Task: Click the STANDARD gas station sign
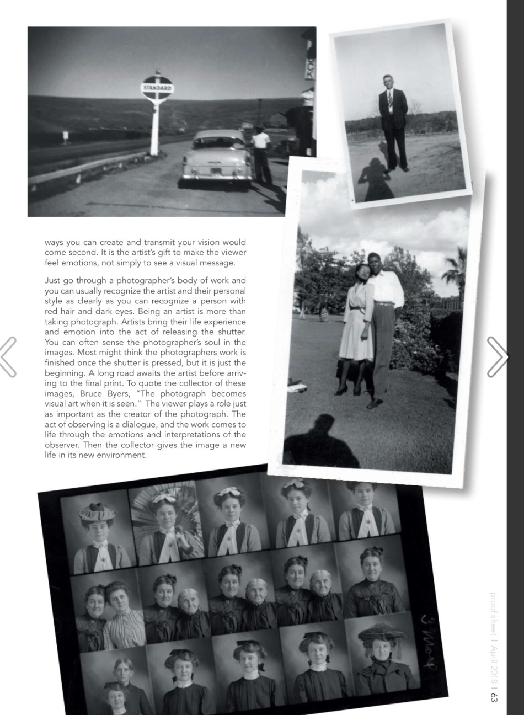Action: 157,88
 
